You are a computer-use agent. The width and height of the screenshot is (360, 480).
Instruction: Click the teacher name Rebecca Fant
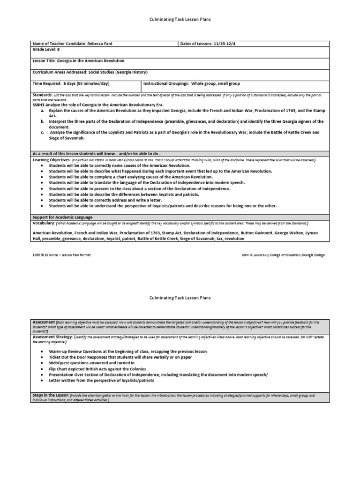click(100, 44)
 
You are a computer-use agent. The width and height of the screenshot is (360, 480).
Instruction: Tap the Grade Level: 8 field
click(46, 49)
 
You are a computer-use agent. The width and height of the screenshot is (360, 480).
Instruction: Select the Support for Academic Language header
click(62, 217)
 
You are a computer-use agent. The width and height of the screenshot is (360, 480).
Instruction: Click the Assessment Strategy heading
click(52, 337)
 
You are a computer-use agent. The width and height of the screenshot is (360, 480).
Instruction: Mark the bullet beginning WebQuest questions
click(92, 363)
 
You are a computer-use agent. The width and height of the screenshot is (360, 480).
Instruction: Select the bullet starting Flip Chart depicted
click(114, 369)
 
